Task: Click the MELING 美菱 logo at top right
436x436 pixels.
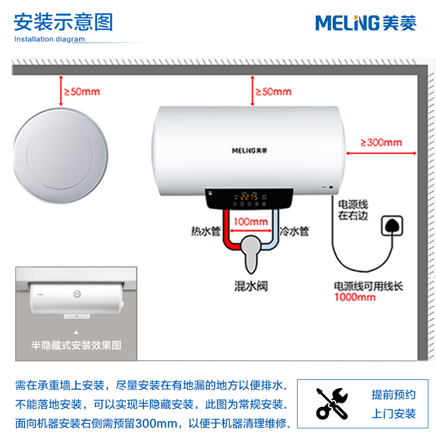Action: [366, 23]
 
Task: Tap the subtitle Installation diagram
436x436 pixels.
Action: [50, 39]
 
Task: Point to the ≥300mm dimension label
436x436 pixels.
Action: [381, 143]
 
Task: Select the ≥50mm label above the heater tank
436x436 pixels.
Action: [273, 92]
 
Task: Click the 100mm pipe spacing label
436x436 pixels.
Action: [251, 222]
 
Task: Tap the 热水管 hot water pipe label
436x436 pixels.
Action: [205, 231]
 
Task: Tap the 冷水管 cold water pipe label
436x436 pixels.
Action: [294, 231]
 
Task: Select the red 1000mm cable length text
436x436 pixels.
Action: [355, 297]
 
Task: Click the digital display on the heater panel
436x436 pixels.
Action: [250, 197]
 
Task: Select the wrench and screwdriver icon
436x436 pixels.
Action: [331, 403]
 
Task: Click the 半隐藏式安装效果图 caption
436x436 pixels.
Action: [76, 345]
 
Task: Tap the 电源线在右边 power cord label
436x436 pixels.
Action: [353, 210]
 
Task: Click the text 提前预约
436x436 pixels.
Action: [393, 395]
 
